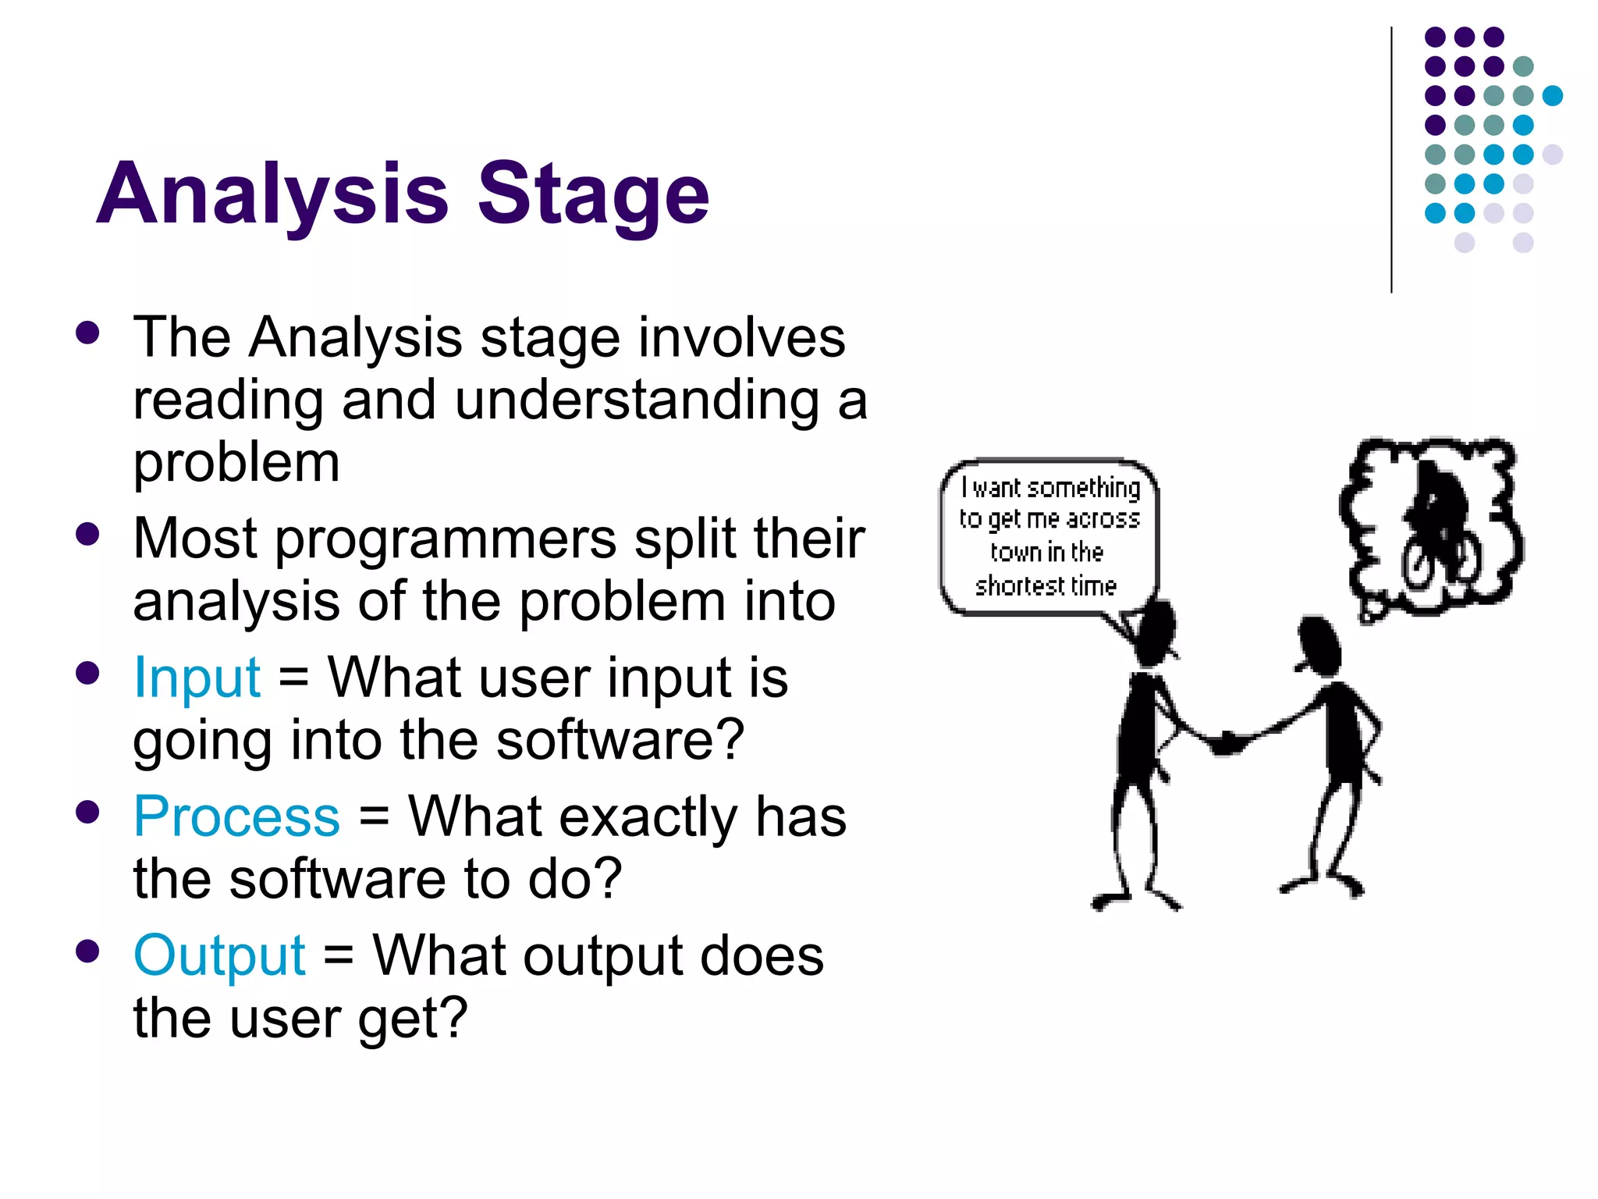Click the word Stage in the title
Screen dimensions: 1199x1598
(593, 195)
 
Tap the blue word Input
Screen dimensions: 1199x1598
(197, 678)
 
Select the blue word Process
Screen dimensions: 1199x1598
(236, 817)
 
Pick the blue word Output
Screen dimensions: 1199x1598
(219, 955)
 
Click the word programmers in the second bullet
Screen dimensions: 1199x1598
(446, 540)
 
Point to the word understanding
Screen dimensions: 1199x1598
(637, 400)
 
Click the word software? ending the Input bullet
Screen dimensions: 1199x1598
(620, 740)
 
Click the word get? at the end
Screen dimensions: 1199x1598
(412, 1019)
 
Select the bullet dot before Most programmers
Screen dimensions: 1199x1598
(88, 535)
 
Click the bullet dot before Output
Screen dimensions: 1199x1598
(88, 952)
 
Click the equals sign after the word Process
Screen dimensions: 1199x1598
(374, 817)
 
